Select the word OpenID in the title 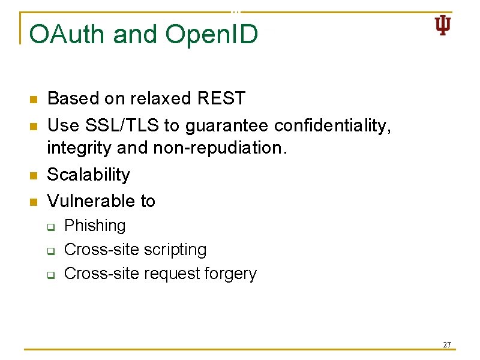click(x=212, y=34)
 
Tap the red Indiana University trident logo click(x=442, y=26)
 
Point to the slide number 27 click(x=446, y=345)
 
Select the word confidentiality click(x=332, y=125)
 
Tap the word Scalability click(x=88, y=175)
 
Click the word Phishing click(x=95, y=226)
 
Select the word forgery click(x=230, y=274)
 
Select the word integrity click(x=77, y=148)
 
